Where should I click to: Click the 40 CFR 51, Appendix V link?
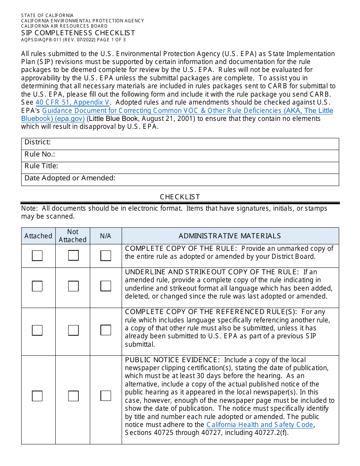point(72,102)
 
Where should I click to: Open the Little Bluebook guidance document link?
point(188,111)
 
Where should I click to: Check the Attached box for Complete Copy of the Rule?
point(37,256)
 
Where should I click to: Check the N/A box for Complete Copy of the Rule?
point(106,256)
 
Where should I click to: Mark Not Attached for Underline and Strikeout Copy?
point(73,286)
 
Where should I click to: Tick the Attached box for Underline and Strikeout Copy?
point(37,286)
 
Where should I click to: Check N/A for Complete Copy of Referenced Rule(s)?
point(106,330)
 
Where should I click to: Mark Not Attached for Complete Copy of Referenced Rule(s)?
point(73,330)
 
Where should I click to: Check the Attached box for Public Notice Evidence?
point(37,396)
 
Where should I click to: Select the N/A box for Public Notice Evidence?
point(106,396)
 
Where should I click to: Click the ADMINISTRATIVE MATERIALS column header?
point(230,236)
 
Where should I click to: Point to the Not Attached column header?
point(73,236)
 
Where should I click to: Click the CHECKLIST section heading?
point(180,197)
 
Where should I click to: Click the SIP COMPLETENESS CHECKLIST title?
point(78,33)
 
